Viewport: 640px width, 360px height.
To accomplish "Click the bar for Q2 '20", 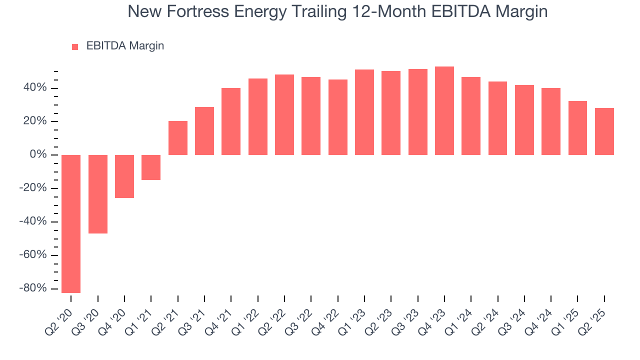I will [x=71, y=223].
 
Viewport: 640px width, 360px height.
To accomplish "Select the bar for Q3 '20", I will [x=98, y=194].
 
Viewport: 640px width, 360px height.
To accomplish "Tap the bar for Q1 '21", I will [x=151, y=167].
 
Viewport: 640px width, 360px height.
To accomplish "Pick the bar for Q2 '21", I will [x=178, y=138].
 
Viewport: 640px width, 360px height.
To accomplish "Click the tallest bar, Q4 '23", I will [x=444, y=110].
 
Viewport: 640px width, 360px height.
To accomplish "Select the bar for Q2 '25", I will [x=604, y=131].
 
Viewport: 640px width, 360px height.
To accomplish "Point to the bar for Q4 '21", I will [x=231, y=121].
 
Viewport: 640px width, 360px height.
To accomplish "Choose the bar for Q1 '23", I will [x=364, y=112].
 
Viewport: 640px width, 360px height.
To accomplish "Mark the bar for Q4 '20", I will [x=124, y=176].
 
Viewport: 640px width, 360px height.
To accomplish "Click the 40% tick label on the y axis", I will [x=34, y=88].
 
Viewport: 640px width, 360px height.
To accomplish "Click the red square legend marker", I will [x=75, y=46].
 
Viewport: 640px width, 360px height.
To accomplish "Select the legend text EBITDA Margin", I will [x=125, y=46].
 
